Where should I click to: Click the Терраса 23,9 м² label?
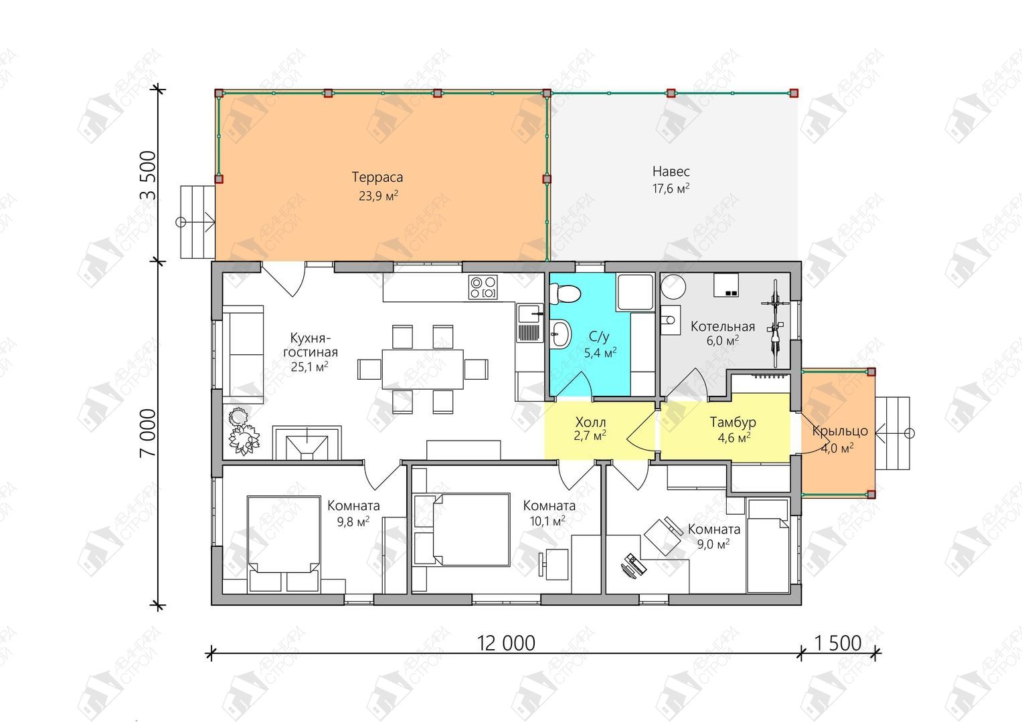pyautogui.click(x=377, y=186)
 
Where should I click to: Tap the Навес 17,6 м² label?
pyautogui.click(x=671, y=180)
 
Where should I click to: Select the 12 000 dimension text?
pyautogui.click(x=506, y=643)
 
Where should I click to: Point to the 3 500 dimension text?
pyautogui.click(x=148, y=175)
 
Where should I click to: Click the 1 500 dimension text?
pyautogui.click(x=838, y=643)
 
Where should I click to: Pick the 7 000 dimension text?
pyautogui.click(x=148, y=433)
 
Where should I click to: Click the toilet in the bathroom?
pyautogui.click(x=564, y=293)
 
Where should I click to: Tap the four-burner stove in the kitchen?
pyautogui.click(x=483, y=287)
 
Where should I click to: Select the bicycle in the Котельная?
pyautogui.click(x=775, y=323)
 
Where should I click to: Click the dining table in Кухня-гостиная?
pyautogui.click(x=422, y=369)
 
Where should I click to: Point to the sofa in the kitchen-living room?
pyautogui.click(x=243, y=354)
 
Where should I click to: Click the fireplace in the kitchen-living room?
pyautogui.click(x=307, y=443)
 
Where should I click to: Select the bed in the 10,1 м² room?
pyautogui.click(x=461, y=529)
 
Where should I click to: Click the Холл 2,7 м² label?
pyautogui.click(x=590, y=429)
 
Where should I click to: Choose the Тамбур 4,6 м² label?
pyautogui.click(x=733, y=430)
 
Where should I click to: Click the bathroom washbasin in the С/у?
pyautogui.click(x=560, y=334)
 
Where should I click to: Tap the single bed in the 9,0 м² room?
pyautogui.click(x=768, y=545)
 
